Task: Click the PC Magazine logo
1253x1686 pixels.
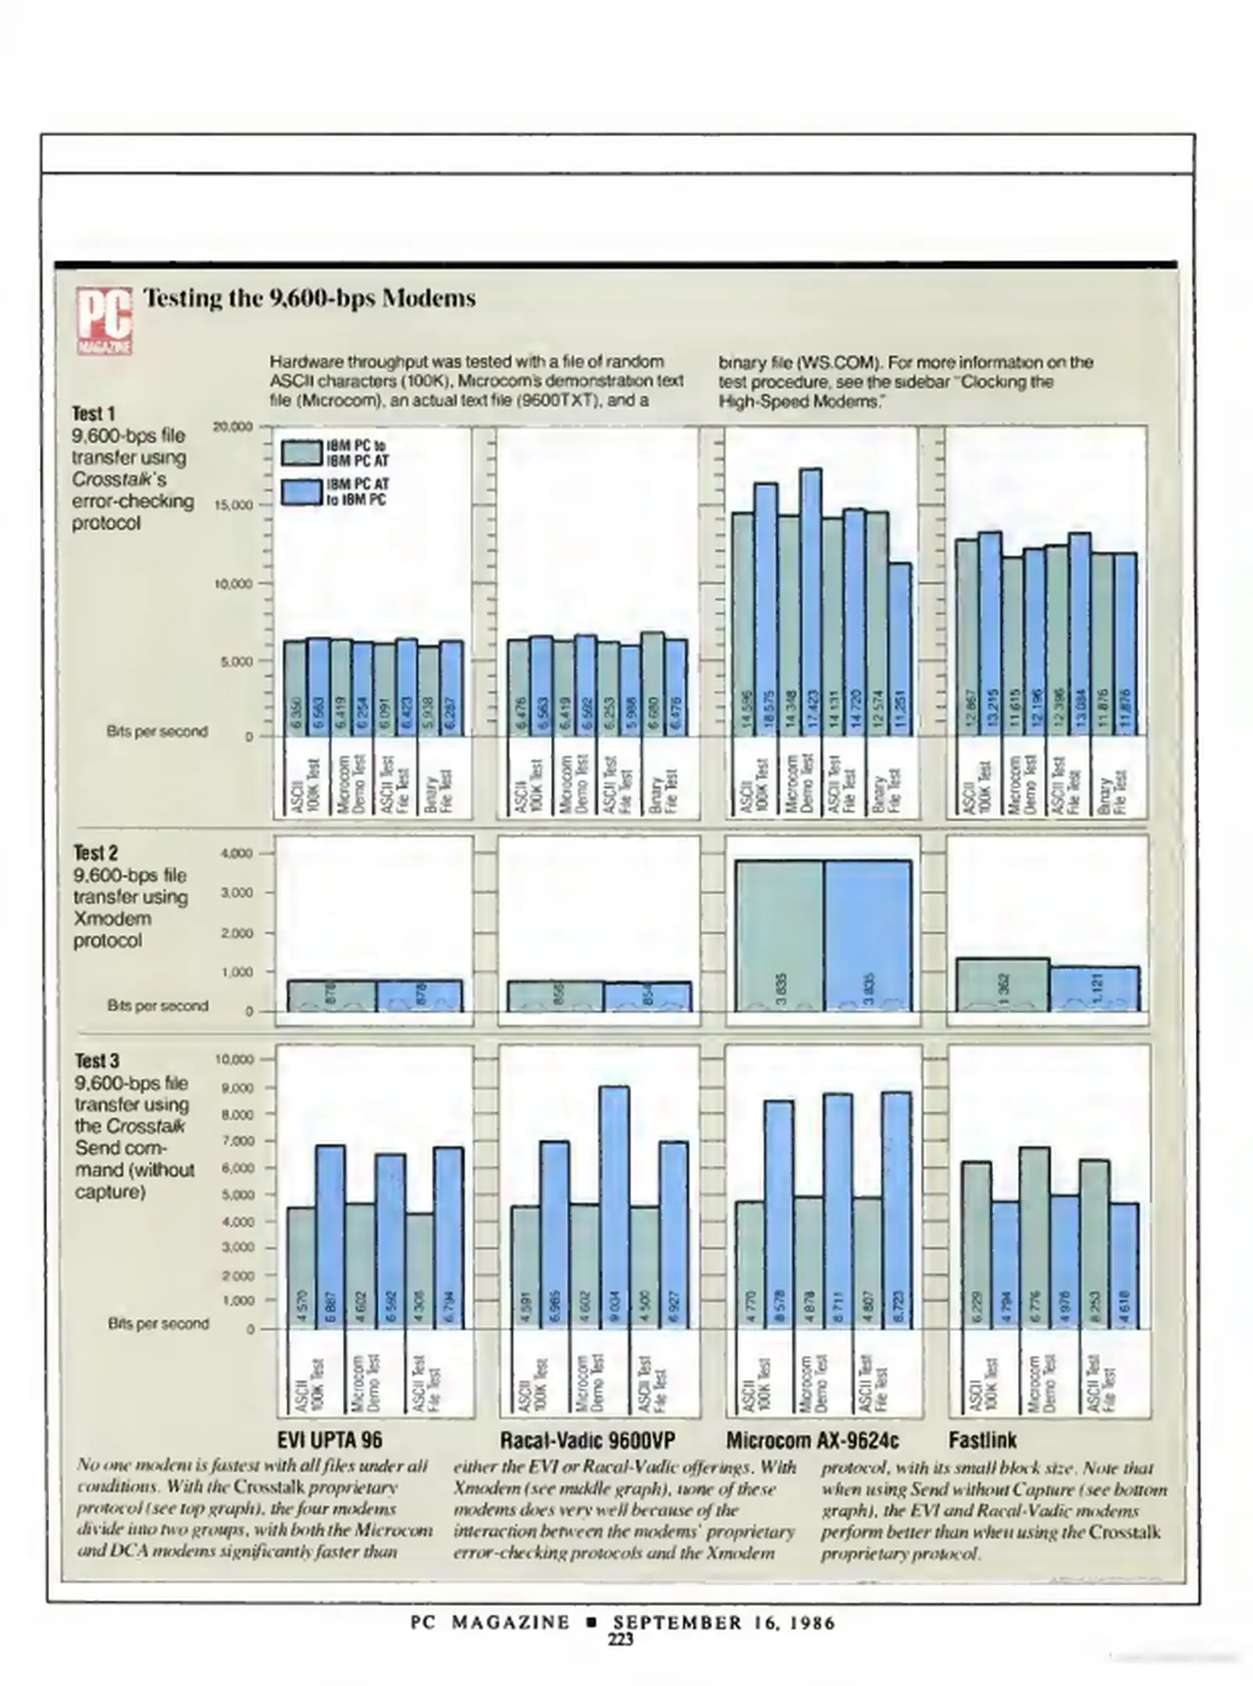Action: click(x=104, y=321)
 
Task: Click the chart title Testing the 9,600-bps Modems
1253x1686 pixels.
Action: click(x=309, y=298)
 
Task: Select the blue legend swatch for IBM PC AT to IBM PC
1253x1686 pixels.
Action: click(x=301, y=492)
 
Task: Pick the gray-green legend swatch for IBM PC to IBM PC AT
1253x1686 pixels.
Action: click(x=301, y=452)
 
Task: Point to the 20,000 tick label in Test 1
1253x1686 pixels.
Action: click(x=233, y=426)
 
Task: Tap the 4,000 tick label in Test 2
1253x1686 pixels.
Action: click(x=237, y=853)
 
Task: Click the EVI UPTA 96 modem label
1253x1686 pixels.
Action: click(x=330, y=1440)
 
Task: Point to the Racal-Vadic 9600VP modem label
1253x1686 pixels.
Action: click(x=587, y=1440)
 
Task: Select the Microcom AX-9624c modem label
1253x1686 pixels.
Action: click(x=812, y=1440)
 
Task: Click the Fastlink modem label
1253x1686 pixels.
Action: click(x=982, y=1440)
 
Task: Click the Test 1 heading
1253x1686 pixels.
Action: click(x=93, y=413)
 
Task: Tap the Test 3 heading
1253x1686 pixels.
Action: click(x=97, y=1061)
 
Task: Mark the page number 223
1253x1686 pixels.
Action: click(x=621, y=1640)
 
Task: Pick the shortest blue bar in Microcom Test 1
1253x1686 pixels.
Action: click(x=899, y=648)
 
